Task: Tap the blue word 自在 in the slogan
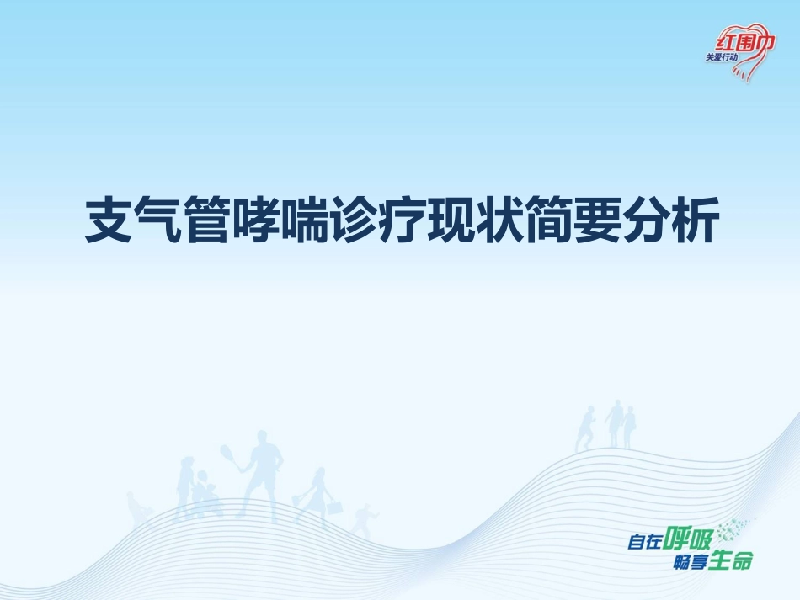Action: (643, 543)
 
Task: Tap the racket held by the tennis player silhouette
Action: (228, 455)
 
